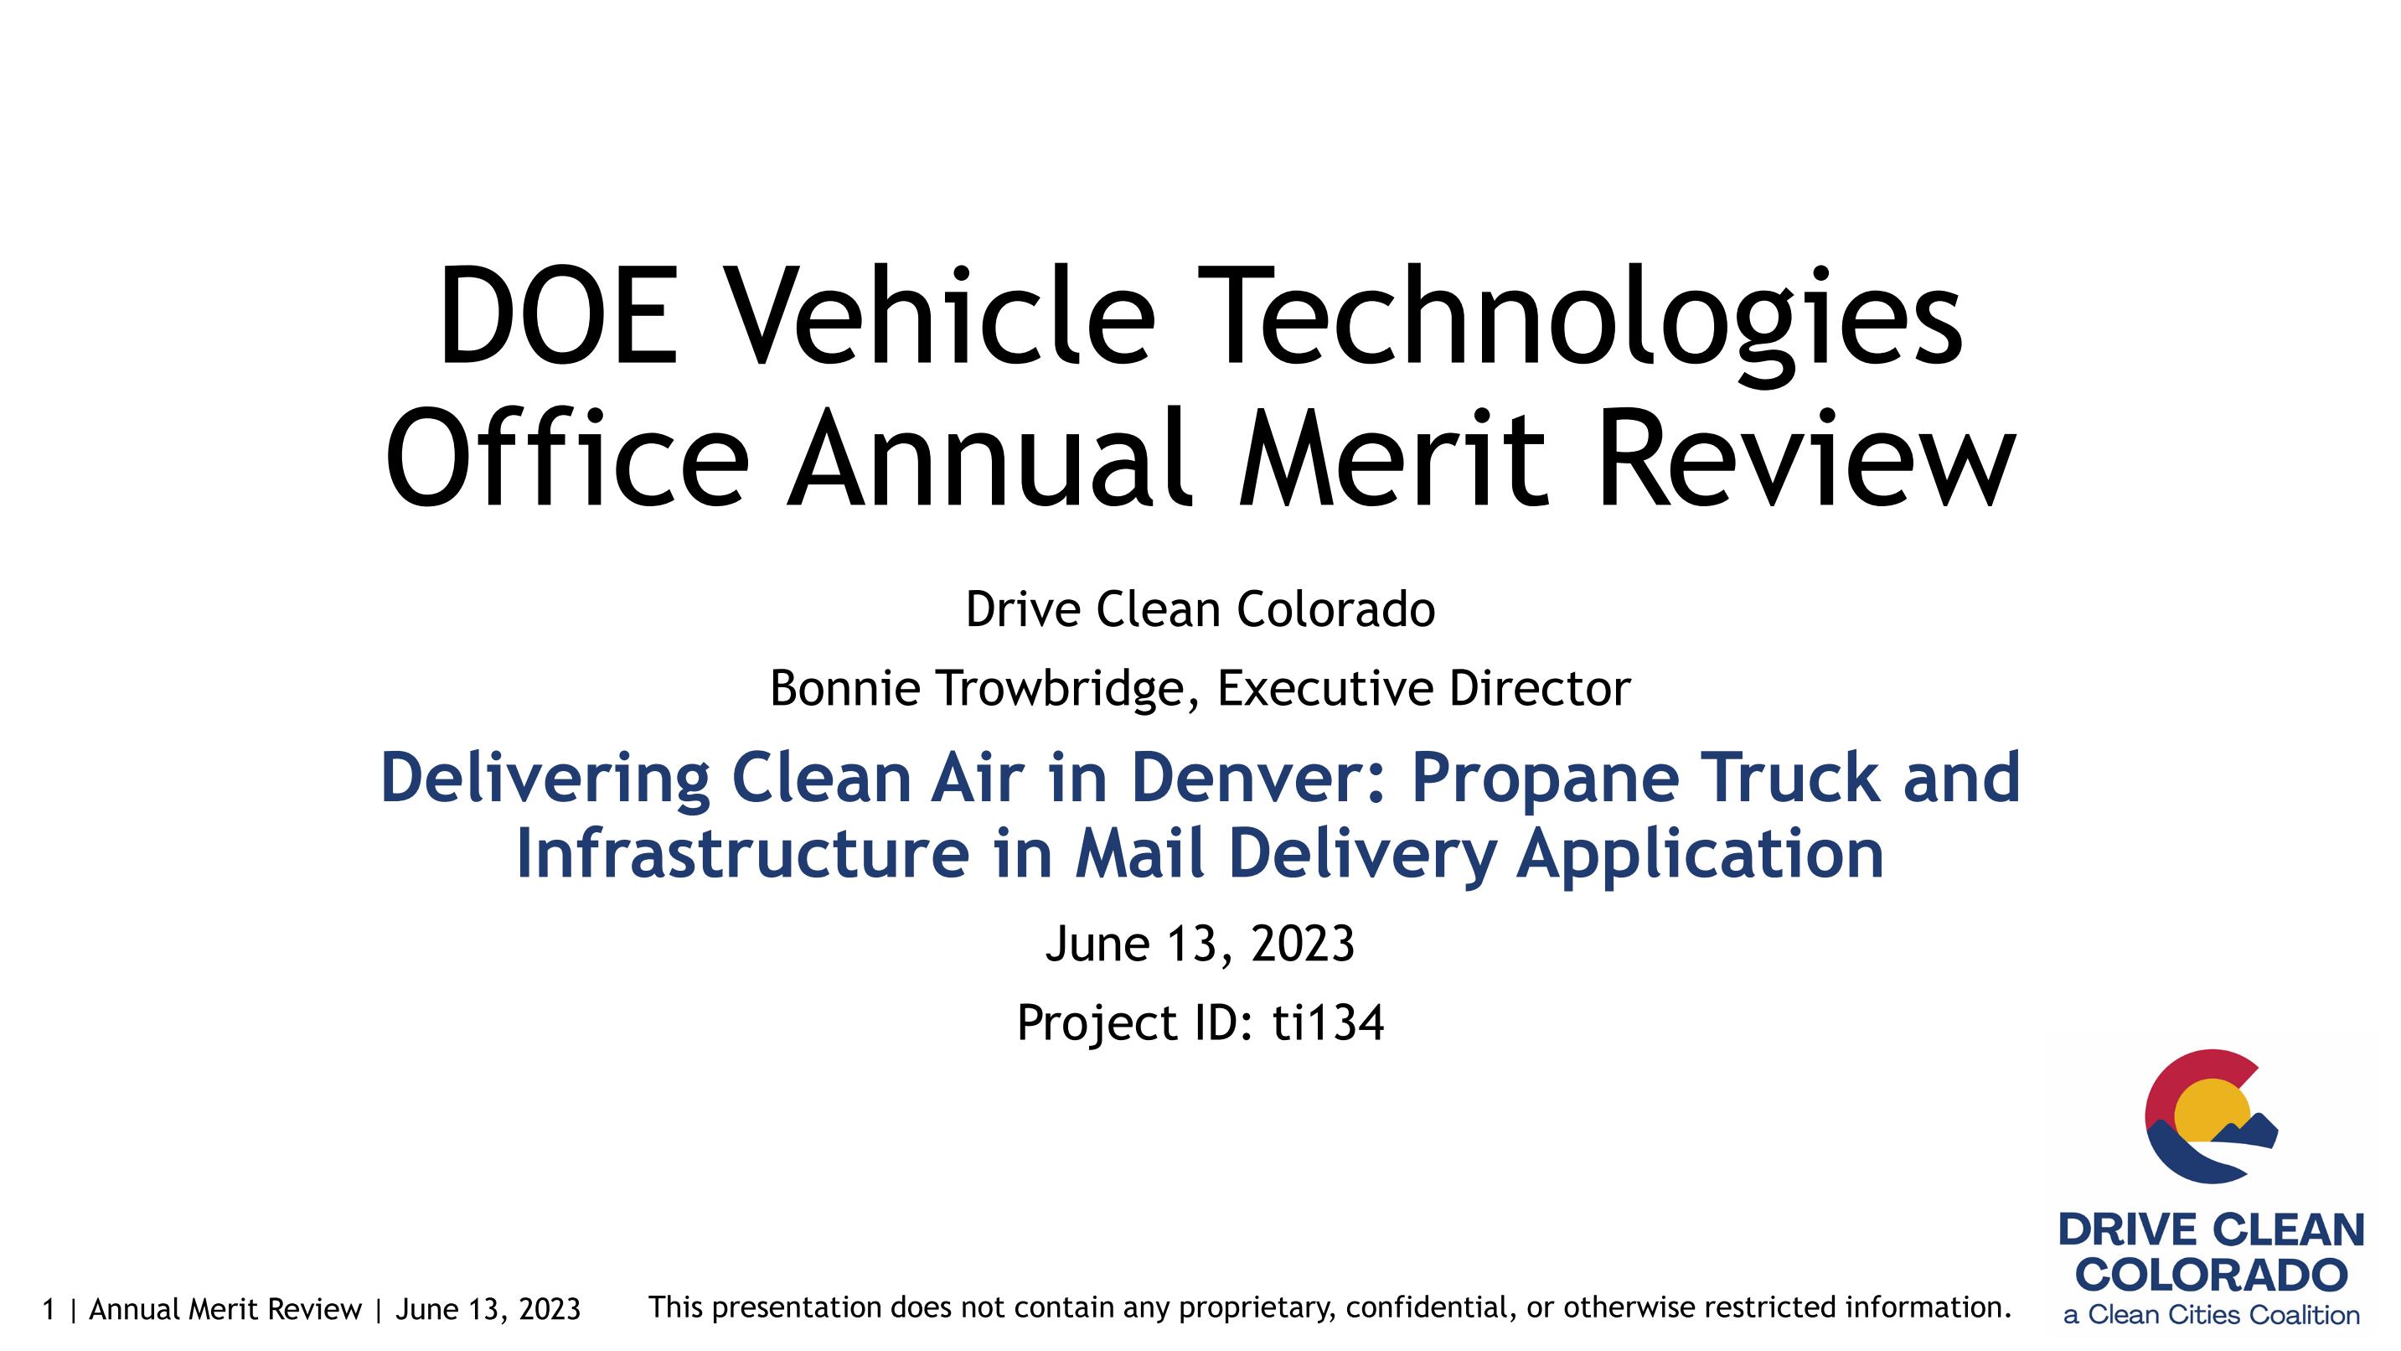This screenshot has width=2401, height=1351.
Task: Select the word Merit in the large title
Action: pos(1393,458)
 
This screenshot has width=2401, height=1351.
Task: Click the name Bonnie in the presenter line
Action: pos(845,688)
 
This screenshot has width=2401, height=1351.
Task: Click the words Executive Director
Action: pos(1424,688)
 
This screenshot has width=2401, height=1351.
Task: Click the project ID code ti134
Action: pos(1328,1022)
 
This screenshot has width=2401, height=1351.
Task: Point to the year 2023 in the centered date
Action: pos(1302,944)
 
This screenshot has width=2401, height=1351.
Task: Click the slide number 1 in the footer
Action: pos(49,1310)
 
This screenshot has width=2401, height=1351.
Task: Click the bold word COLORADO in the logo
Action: pos(2211,1275)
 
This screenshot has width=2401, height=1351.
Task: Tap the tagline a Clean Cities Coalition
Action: pos(2211,1316)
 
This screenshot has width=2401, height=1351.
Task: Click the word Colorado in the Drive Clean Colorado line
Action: pos(1335,610)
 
